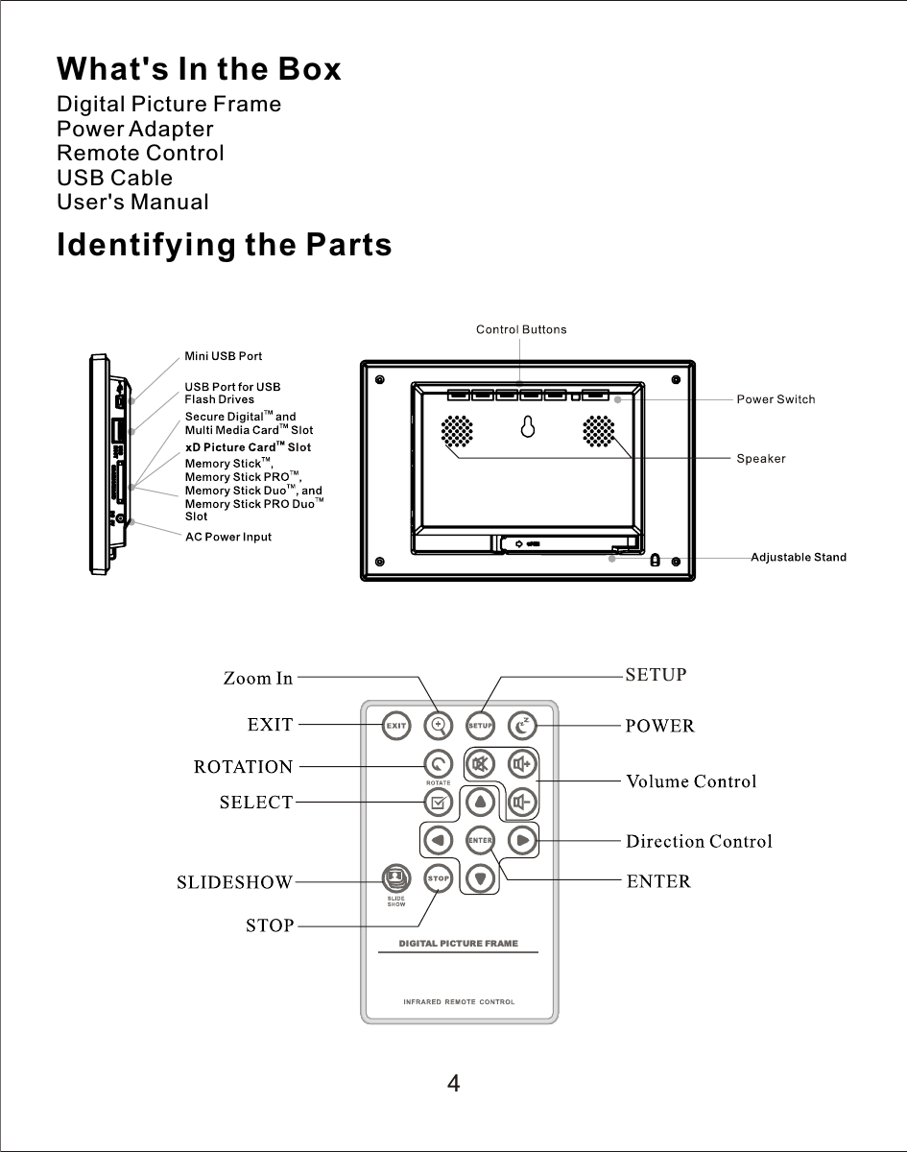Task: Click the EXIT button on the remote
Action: [x=396, y=726]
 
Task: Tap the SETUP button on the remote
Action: [x=480, y=726]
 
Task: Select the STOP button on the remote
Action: [x=438, y=877]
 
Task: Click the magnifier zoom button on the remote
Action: [x=439, y=725]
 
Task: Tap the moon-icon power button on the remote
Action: [x=522, y=726]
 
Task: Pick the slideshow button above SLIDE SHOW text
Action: [x=395, y=876]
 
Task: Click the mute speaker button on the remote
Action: [x=480, y=765]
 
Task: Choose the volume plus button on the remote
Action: [x=522, y=765]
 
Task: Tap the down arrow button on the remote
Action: [x=480, y=877]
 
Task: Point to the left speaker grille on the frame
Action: [x=458, y=431]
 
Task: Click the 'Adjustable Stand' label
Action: [x=798, y=558]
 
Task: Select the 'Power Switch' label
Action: [x=776, y=399]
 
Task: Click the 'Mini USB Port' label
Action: [x=223, y=356]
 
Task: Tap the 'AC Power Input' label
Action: [x=227, y=537]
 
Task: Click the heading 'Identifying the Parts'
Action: [x=225, y=246]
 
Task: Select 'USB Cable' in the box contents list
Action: [x=115, y=178]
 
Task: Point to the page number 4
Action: [x=453, y=1084]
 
